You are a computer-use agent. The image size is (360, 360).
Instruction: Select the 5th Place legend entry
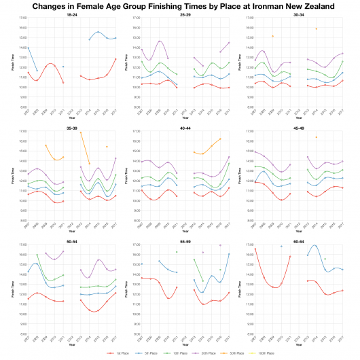(x=147, y=354)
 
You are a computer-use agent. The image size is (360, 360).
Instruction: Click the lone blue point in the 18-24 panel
(x=63, y=67)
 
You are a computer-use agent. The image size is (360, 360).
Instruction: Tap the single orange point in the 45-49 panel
(x=315, y=137)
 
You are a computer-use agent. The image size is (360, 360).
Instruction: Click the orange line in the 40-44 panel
(x=207, y=148)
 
